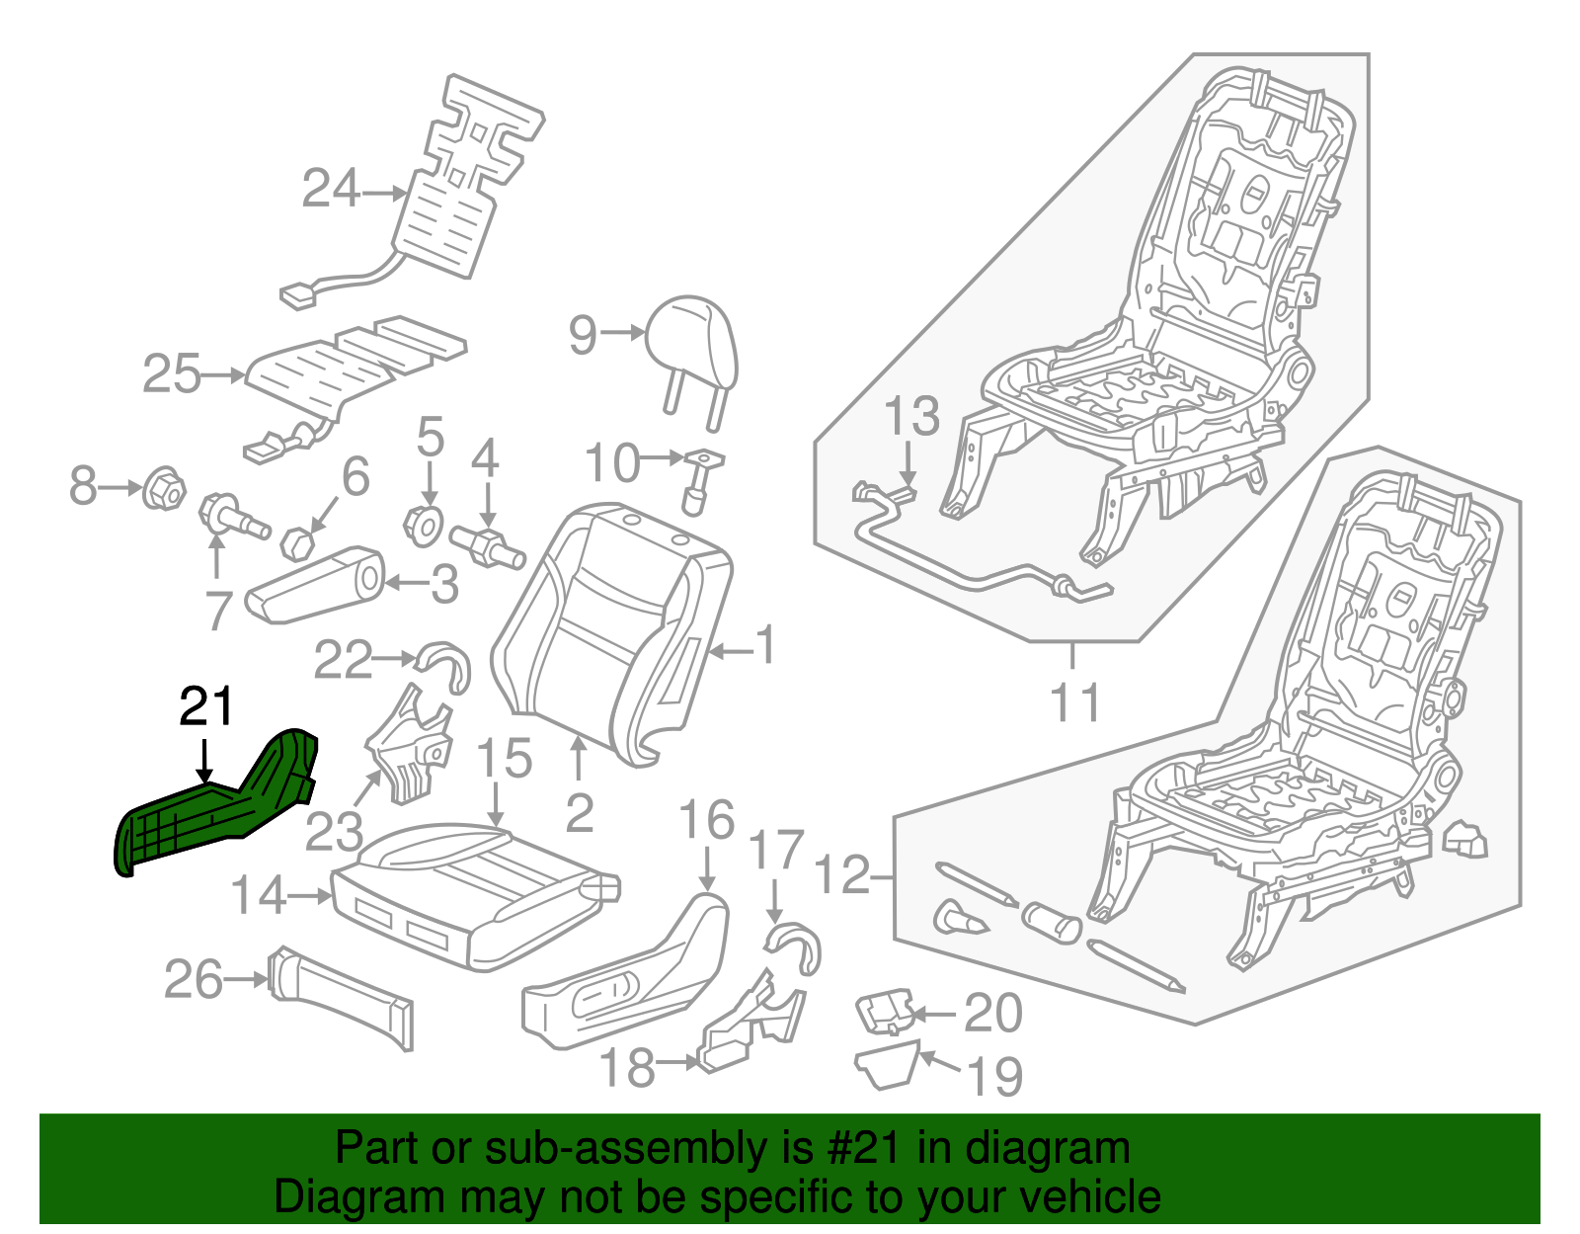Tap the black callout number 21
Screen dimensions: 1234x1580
click(206, 707)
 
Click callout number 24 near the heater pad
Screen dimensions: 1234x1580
click(331, 189)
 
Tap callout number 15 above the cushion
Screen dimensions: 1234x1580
click(504, 759)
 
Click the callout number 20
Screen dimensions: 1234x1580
click(992, 1014)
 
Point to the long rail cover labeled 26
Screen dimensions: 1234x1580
click(341, 998)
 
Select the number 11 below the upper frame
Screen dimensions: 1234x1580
click(1073, 703)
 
